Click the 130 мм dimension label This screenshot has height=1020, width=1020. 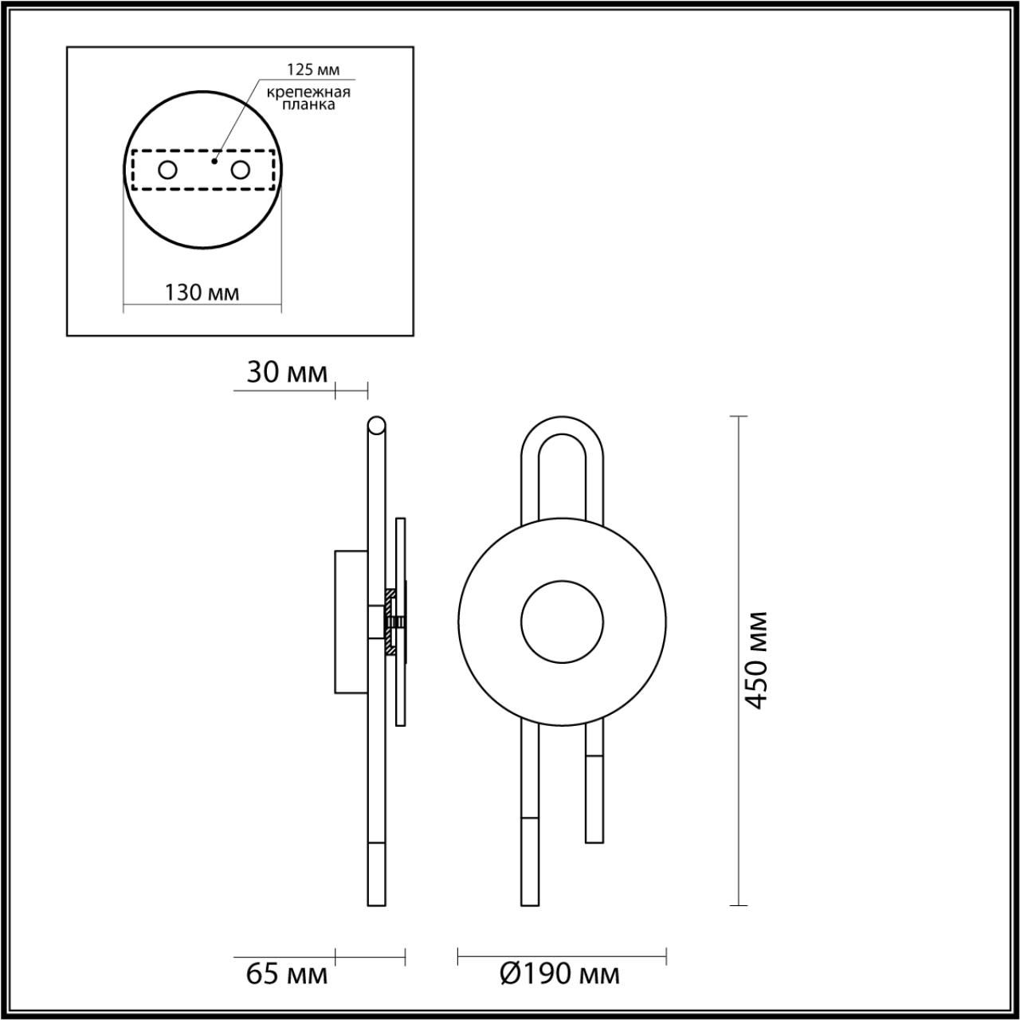click(202, 292)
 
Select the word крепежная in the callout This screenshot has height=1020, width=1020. click(308, 92)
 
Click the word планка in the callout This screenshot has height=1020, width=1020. click(308, 105)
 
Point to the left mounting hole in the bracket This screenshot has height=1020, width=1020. click(167, 170)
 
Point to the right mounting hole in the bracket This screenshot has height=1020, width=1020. click(240, 170)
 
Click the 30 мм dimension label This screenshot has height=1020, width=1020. click(286, 372)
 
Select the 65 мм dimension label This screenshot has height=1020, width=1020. click(286, 973)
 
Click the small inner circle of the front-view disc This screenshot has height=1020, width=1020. click(562, 622)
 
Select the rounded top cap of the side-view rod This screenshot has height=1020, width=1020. click(376, 424)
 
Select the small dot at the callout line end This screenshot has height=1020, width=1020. click(214, 161)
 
